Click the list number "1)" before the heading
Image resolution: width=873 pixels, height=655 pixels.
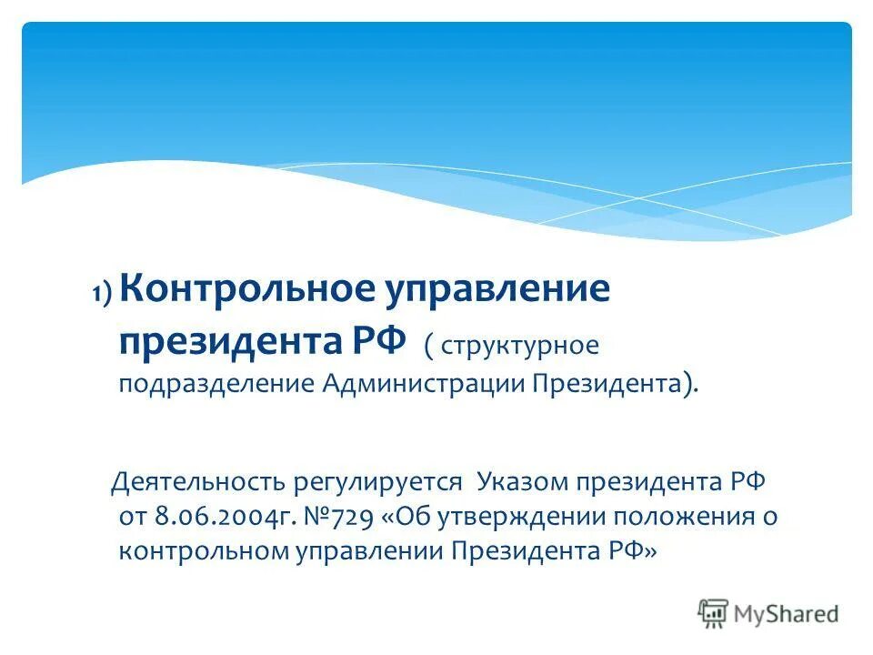click(100, 293)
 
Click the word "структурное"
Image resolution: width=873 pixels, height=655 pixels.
click(520, 346)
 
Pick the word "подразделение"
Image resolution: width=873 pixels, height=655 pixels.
click(216, 383)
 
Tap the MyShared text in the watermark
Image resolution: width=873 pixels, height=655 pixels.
click(787, 614)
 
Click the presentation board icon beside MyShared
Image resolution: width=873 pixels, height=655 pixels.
click(714, 613)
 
